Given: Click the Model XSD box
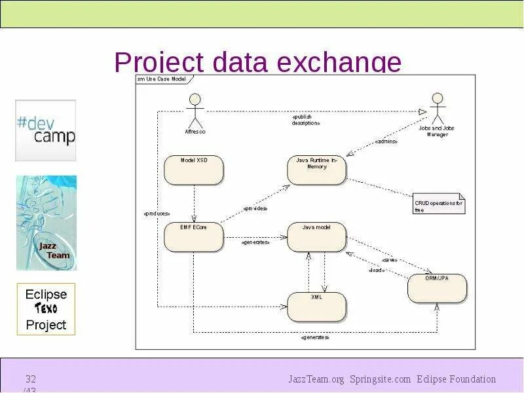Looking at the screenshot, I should tap(193, 170).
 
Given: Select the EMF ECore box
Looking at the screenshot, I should tap(193, 236).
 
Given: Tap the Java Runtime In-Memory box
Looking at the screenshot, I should tap(316, 170).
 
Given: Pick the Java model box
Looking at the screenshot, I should tap(316, 236).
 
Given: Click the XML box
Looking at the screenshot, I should tap(316, 306).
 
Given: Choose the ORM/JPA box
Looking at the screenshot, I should tap(437, 288).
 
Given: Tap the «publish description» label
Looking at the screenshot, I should tap(306, 120).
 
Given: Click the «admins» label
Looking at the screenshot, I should tap(386, 141).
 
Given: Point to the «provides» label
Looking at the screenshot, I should tap(255, 208).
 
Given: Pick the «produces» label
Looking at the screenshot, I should tap(157, 214).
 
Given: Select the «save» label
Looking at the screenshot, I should tap(390, 259).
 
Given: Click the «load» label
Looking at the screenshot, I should tap(377, 270).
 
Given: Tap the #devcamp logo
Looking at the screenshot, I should tap(46, 130).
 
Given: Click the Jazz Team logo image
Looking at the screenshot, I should tap(46, 223).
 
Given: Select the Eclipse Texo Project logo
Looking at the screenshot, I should tap(46, 309).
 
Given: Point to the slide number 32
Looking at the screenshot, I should tap(31, 379).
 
